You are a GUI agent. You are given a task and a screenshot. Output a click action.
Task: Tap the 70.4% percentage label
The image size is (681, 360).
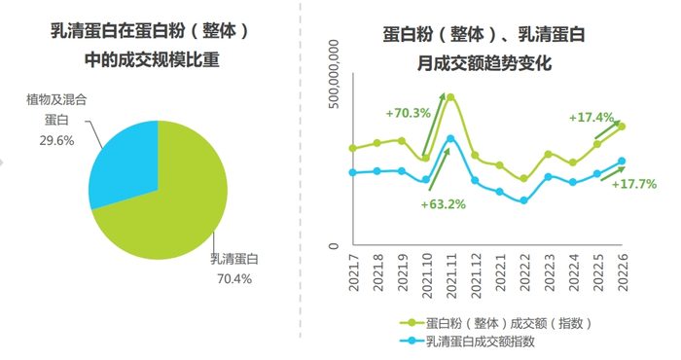coord(232,279)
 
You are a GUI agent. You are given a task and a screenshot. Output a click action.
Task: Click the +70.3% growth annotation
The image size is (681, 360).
coord(408,113)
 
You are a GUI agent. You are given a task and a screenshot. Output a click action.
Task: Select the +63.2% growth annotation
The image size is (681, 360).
coord(443,204)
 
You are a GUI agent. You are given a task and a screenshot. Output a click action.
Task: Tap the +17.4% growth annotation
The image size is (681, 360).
coord(591,118)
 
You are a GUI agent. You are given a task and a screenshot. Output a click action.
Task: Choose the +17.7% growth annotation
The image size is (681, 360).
coord(634,184)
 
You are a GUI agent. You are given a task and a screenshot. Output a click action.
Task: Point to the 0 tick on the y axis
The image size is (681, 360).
coord(335,246)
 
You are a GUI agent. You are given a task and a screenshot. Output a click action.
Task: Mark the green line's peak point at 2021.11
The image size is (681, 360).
coord(450,96)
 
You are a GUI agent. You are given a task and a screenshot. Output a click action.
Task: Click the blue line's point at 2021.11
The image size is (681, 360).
coord(450,138)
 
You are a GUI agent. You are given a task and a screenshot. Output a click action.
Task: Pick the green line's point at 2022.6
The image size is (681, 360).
coord(622,126)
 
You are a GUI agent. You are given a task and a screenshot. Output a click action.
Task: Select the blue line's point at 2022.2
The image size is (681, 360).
coord(524,200)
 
